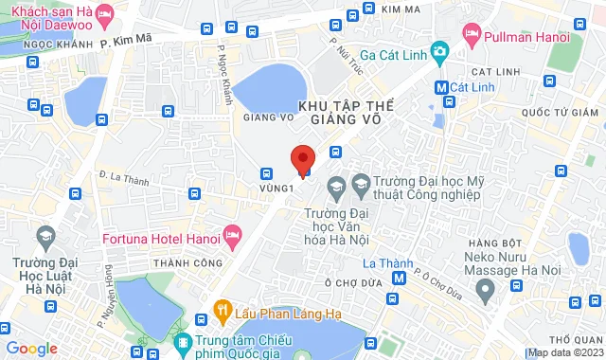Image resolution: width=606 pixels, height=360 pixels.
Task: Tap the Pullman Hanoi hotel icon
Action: pyautogui.click(x=472, y=34)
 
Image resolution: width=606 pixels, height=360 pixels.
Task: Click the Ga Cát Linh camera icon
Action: pyautogui.click(x=438, y=50)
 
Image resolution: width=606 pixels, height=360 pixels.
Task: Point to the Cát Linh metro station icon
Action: pyautogui.click(x=440, y=87)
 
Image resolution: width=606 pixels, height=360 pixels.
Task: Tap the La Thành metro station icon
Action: pyautogui.click(x=400, y=279)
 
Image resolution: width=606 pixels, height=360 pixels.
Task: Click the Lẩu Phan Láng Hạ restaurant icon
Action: pyautogui.click(x=223, y=308)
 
